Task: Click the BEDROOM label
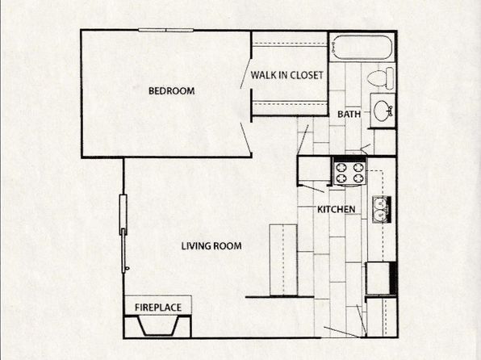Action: coord(171,91)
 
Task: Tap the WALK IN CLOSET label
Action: coord(287,75)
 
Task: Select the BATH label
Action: coord(349,114)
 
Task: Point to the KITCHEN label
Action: coord(337,209)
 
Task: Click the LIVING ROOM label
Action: coord(211,246)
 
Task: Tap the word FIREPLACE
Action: coord(158,308)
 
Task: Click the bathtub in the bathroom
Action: coord(362,48)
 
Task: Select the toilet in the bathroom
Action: coord(380,78)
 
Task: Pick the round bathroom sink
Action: coord(383,110)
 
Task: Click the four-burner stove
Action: coord(350,173)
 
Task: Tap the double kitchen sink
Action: coord(381,209)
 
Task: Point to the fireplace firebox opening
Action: coord(158,326)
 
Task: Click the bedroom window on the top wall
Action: coord(165,30)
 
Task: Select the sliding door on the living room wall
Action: coord(123,233)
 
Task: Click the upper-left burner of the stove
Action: coord(341,168)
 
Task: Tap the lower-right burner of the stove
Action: coord(358,178)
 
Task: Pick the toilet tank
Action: coord(390,78)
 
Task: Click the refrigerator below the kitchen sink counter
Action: coord(381,278)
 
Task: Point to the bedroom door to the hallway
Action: coord(246,137)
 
